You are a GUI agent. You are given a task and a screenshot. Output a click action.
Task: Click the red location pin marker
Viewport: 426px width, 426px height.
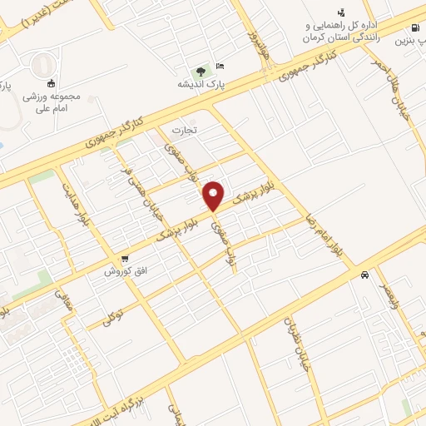click(x=215, y=196)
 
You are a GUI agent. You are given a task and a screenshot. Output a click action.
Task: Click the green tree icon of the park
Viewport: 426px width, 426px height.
click(x=200, y=71)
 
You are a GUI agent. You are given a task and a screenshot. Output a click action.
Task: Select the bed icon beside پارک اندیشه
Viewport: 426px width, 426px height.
click(x=219, y=67)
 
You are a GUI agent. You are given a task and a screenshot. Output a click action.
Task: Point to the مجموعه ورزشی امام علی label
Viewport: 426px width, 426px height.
click(x=52, y=102)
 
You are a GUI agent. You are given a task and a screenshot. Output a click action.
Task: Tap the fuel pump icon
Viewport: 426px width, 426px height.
click(x=342, y=12)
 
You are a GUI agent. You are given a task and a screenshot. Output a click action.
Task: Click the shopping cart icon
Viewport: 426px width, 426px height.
click(x=125, y=259)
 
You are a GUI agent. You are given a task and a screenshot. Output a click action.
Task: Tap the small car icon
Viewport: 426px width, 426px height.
click(x=364, y=275)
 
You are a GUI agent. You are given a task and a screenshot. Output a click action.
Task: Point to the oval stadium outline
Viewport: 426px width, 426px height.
click(x=39, y=65)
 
